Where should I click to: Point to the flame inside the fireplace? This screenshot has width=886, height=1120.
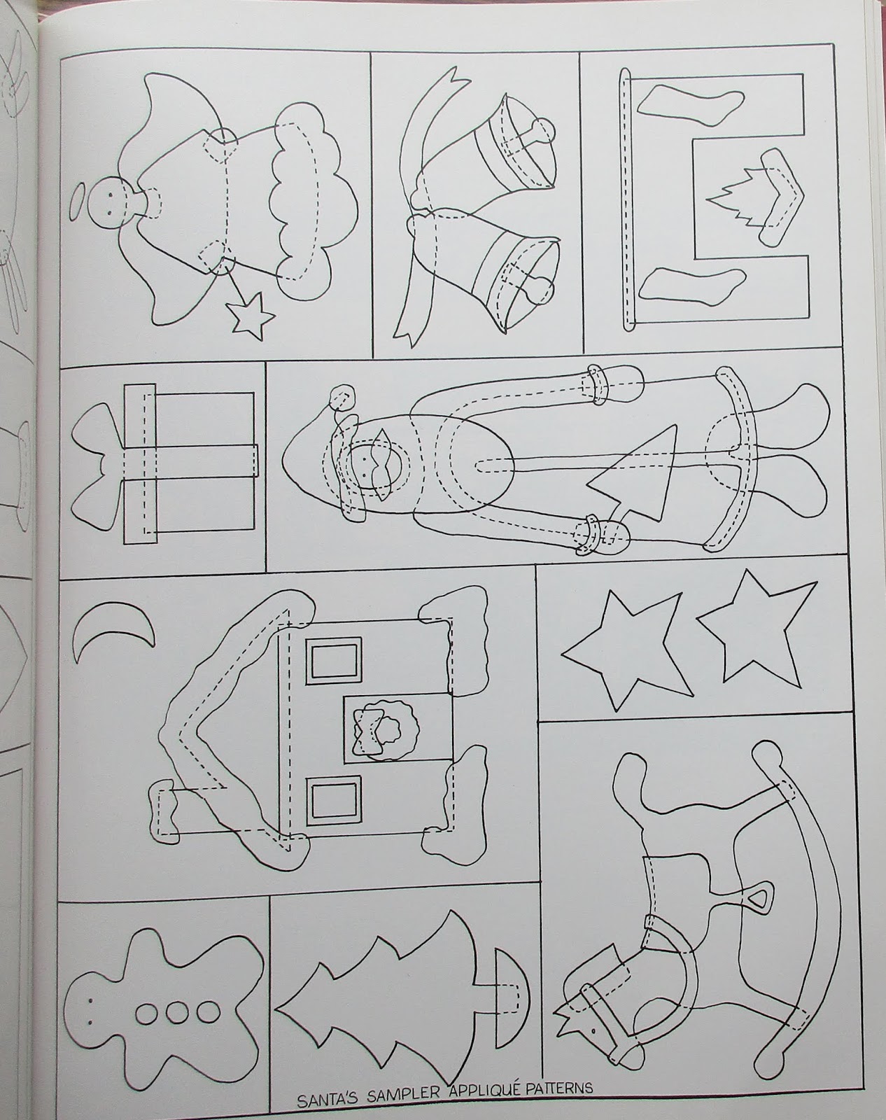pos(731,200)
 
